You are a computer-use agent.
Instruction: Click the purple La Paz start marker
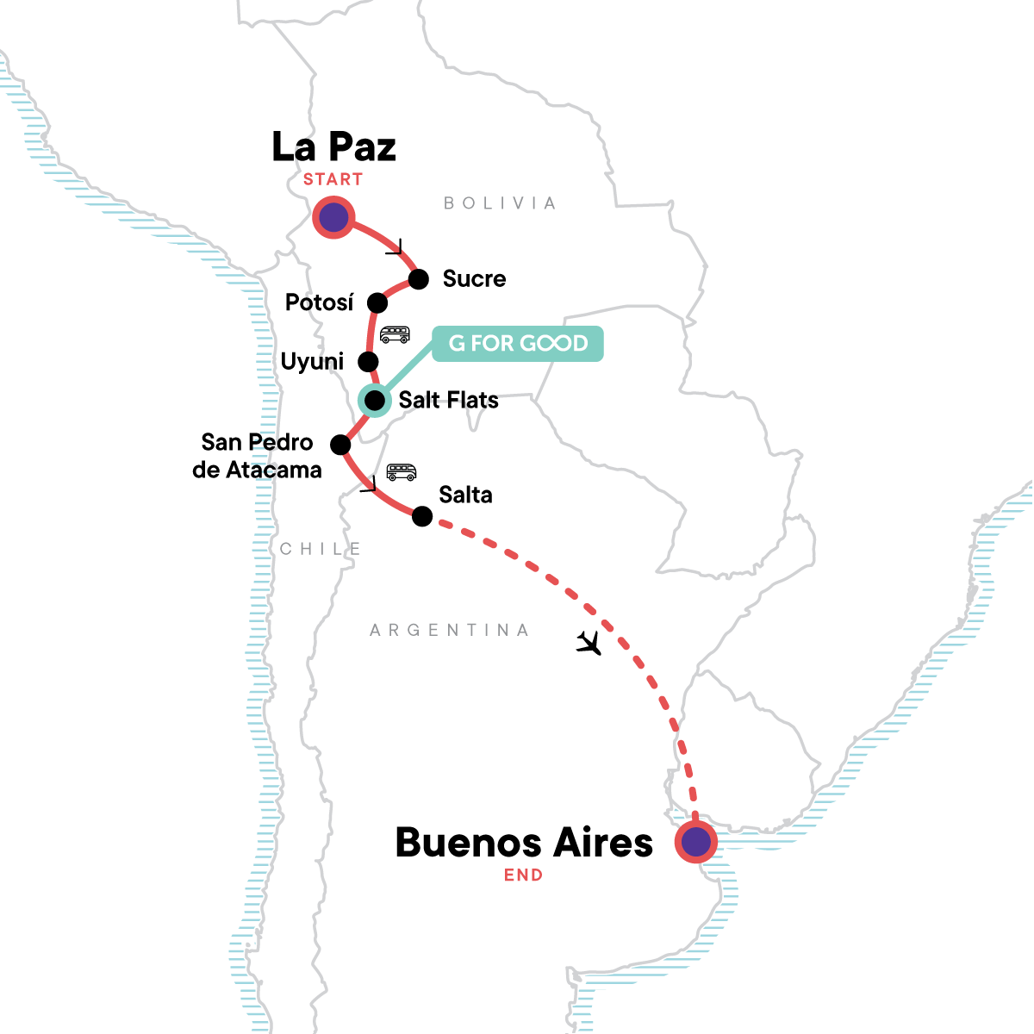point(333,217)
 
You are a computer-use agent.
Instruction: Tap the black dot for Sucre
point(419,279)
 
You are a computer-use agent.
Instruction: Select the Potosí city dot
point(377,302)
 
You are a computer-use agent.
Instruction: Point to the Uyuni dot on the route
point(368,361)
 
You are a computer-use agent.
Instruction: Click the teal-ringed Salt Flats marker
point(375,400)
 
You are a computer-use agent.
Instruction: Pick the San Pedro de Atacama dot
point(341,445)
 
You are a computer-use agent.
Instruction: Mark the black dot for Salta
point(422,516)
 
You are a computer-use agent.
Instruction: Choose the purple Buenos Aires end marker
point(695,842)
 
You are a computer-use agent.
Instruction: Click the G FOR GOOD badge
point(517,344)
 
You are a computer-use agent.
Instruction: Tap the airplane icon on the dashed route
point(589,642)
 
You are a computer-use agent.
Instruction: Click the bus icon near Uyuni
point(395,334)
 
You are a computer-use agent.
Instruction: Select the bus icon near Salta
point(401,471)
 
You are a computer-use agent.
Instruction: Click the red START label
point(333,179)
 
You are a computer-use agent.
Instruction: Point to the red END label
point(524,875)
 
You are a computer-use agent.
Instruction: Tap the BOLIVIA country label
point(500,203)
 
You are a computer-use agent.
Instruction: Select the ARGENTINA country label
point(449,630)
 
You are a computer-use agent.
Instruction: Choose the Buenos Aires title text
point(524,842)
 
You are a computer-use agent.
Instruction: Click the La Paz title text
point(333,146)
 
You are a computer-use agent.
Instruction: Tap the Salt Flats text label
point(448,400)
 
